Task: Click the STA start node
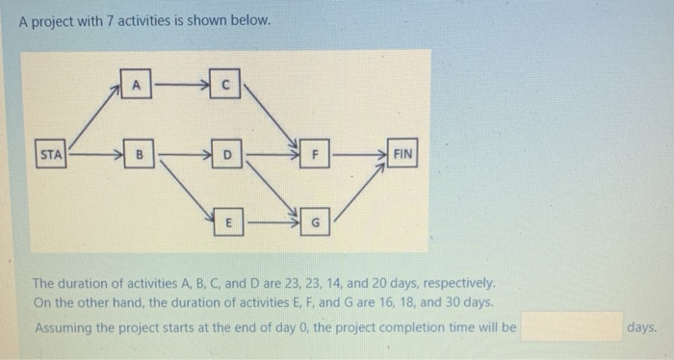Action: [x=50, y=153]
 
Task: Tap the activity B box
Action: [x=138, y=153]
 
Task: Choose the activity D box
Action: [x=227, y=153]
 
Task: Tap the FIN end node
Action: [x=402, y=153]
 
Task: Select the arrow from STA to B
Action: [x=94, y=153]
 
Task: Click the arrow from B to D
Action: [x=182, y=153]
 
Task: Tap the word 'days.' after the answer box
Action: [x=641, y=327]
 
